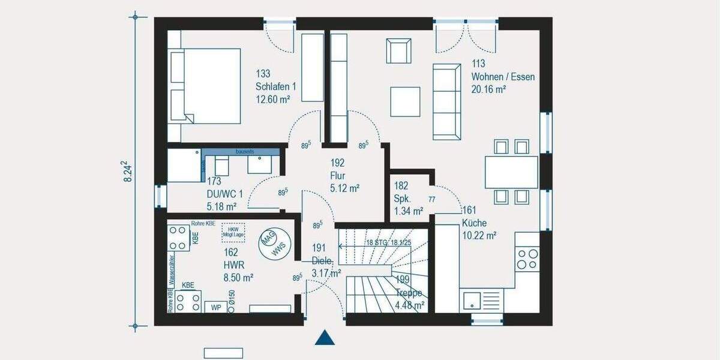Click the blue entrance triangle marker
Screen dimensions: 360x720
(325, 338)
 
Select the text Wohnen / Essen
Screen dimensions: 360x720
(503, 77)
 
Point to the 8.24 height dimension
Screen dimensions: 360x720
(127, 171)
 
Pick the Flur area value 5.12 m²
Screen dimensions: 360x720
(344, 188)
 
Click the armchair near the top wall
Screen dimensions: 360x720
(399, 50)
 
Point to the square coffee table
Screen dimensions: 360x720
(405, 101)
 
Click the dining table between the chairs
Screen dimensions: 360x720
(511, 172)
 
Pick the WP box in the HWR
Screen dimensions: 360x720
(215, 307)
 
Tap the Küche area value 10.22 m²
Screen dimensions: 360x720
(479, 236)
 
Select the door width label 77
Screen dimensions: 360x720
(432, 199)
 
